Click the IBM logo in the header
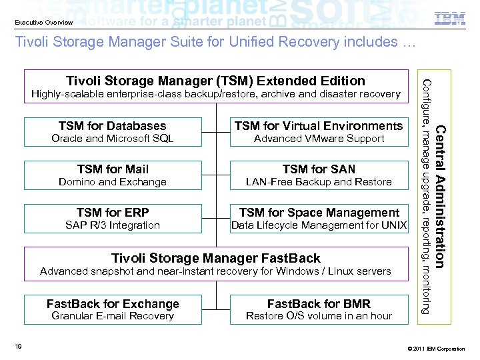[x=449, y=19]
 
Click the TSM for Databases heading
[x=112, y=125]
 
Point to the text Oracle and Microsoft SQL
[x=112, y=139]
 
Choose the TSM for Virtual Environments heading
[x=319, y=125]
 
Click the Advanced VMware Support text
[x=319, y=139]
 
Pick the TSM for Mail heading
[x=113, y=169]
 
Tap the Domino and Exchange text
[x=112, y=182]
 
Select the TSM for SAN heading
[x=319, y=169]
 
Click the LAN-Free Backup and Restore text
[x=319, y=182]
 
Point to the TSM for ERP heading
[x=113, y=212]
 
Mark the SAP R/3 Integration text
[x=112, y=225]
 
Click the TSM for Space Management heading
[x=319, y=212]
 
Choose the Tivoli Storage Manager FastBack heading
[x=215, y=257]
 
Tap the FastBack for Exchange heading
[x=113, y=303]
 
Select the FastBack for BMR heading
[x=319, y=303]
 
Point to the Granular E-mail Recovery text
[x=112, y=316]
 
